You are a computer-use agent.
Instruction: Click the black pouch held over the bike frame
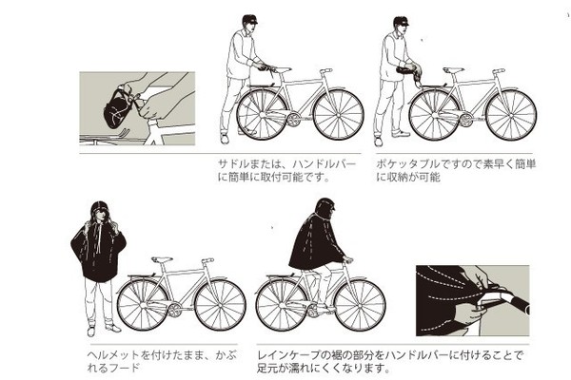pos(117,108)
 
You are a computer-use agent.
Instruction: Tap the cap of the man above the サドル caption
pos(249,19)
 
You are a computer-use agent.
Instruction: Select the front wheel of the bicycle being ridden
pos(360,306)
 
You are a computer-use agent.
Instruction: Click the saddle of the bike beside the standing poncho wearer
pos(162,259)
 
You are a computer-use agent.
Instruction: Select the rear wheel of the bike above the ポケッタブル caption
pos(435,115)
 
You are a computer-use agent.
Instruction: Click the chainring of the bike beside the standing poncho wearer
pos(174,311)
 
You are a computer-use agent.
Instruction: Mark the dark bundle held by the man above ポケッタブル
pos(408,69)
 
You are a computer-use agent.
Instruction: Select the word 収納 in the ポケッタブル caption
pos(401,177)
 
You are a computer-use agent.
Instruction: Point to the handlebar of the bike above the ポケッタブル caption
pos(498,71)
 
